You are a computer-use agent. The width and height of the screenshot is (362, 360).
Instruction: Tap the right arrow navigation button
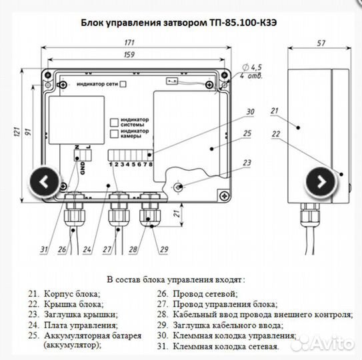point(321,181)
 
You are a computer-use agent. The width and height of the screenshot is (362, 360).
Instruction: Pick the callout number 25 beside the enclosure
point(247,135)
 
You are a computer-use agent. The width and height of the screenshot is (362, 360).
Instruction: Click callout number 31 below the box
point(44,250)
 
